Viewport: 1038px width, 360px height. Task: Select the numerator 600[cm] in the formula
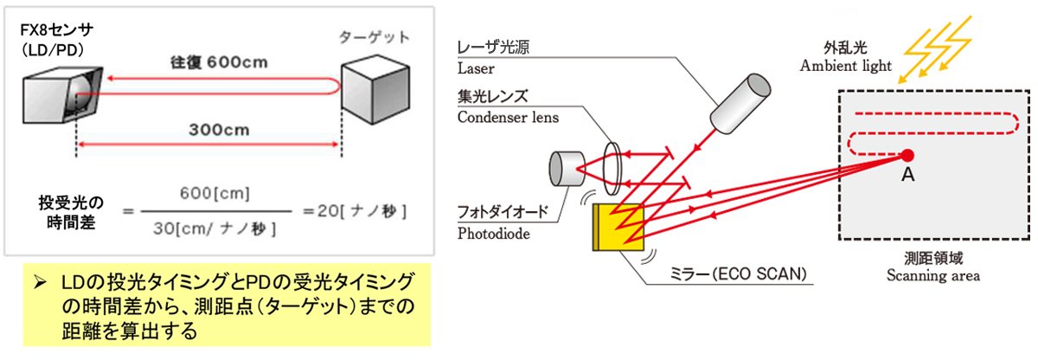coord(208,192)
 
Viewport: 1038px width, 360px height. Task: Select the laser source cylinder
coord(740,100)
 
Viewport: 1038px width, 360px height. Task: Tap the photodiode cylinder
coord(567,169)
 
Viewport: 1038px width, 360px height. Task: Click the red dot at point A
coord(907,156)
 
